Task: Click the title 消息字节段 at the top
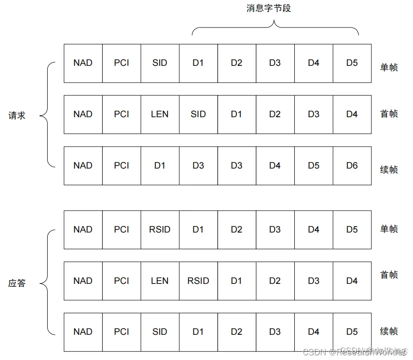click(x=269, y=9)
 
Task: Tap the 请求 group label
click(x=17, y=115)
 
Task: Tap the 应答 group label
click(x=17, y=283)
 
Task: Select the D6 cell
click(x=352, y=165)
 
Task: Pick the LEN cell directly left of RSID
click(x=160, y=281)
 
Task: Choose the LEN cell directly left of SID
click(x=160, y=114)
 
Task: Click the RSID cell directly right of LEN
click(x=198, y=281)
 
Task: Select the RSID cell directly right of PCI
click(x=160, y=229)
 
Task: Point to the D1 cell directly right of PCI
click(x=160, y=165)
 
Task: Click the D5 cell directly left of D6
click(x=313, y=165)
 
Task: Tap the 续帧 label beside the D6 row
click(x=389, y=169)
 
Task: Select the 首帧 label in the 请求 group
click(x=389, y=113)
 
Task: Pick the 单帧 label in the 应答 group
click(x=389, y=229)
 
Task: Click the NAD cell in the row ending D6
click(x=83, y=165)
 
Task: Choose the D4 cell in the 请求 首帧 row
click(x=352, y=114)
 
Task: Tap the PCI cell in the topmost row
click(x=121, y=63)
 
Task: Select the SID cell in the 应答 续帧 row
click(x=160, y=332)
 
